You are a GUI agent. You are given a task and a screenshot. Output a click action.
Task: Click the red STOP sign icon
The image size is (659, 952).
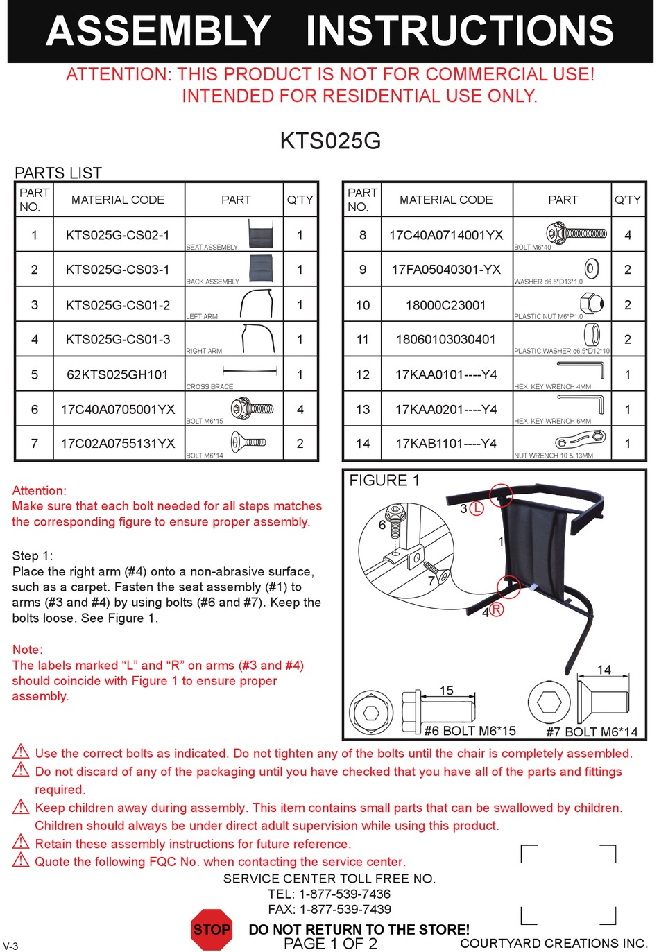click(x=212, y=929)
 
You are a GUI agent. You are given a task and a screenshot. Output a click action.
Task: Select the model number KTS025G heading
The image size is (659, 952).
click(x=330, y=141)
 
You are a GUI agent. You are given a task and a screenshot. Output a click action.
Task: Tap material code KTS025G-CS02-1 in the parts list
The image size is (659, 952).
click(x=117, y=235)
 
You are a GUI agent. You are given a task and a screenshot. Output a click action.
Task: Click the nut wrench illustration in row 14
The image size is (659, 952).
click(x=580, y=440)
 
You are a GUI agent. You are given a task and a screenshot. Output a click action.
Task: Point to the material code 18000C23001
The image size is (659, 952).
click(x=445, y=305)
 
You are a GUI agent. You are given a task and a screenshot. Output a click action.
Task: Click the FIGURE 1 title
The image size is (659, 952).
click(x=384, y=481)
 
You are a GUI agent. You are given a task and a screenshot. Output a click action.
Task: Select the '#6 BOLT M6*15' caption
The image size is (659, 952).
click(x=470, y=731)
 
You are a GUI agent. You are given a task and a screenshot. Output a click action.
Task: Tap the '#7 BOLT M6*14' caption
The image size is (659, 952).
click(x=592, y=732)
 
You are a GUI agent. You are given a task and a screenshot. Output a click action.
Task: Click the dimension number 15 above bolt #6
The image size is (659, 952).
click(x=447, y=690)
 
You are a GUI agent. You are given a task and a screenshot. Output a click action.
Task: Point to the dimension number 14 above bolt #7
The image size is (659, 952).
click(x=604, y=670)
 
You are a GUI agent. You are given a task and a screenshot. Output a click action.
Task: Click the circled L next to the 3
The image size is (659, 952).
click(x=477, y=508)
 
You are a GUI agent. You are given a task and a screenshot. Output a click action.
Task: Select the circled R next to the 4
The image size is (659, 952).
click(x=497, y=609)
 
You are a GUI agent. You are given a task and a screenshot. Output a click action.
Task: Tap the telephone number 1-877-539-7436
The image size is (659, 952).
click(x=345, y=894)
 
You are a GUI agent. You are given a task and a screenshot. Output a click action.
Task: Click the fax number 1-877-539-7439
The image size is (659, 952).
click(x=345, y=909)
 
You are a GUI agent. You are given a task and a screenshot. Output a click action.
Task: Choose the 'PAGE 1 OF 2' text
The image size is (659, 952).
click(x=330, y=944)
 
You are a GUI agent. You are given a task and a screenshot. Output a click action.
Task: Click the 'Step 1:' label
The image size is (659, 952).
click(x=33, y=555)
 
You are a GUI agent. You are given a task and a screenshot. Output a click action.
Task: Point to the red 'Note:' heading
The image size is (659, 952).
click(x=28, y=650)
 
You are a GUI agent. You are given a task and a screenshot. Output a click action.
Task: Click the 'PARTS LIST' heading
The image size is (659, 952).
click(x=58, y=173)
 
